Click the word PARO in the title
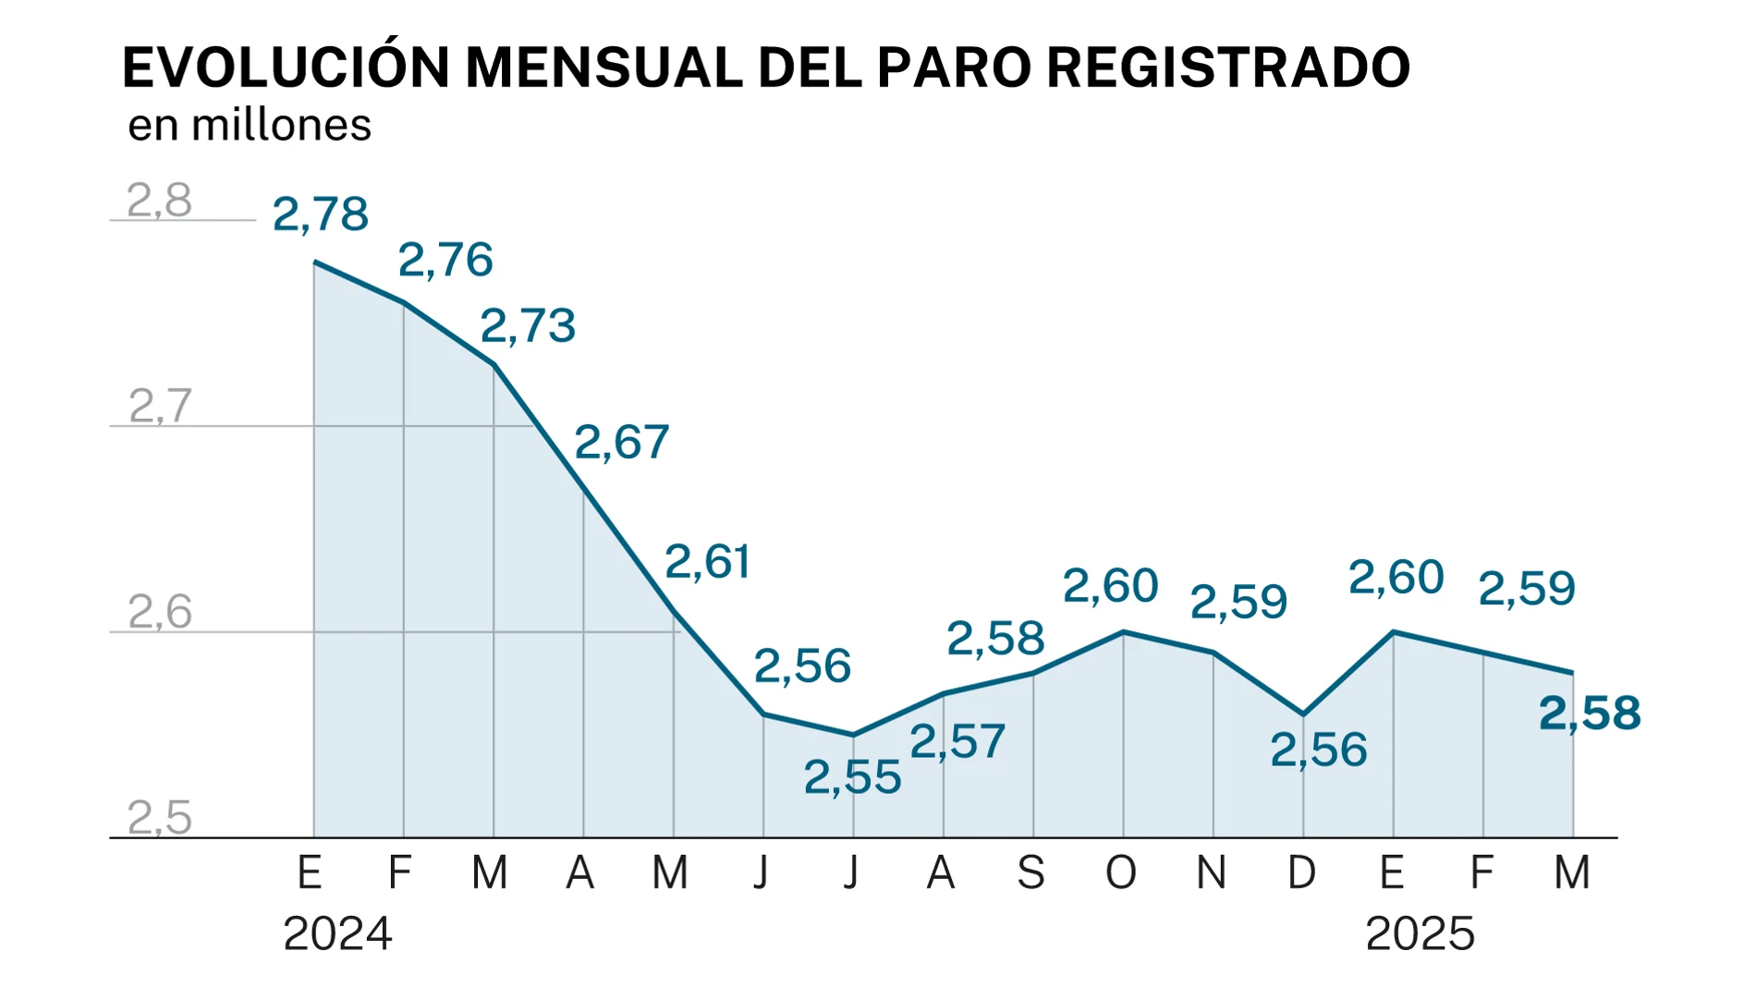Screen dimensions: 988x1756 point(953,67)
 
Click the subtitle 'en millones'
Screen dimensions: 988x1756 point(250,126)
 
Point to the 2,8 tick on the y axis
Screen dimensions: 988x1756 point(159,201)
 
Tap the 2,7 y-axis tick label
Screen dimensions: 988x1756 point(160,407)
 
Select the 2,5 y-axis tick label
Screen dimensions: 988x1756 point(159,819)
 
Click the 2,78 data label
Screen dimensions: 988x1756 point(321,215)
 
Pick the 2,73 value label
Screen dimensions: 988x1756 point(529,326)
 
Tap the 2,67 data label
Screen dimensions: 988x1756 point(622,443)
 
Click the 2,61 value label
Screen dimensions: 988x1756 point(708,562)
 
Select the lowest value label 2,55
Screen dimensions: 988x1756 point(852,778)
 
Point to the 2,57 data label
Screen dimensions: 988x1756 point(957,742)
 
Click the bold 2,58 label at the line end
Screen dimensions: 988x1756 point(1590,714)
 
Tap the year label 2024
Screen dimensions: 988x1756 point(337,934)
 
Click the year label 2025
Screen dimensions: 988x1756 point(1420,934)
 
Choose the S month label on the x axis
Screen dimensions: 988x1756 point(1031,872)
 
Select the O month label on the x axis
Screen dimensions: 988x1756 point(1121,872)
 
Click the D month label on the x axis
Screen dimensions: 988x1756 point(1302,872)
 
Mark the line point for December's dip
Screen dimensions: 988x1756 point(1303,714)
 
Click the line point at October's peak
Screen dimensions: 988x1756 point(1123,632)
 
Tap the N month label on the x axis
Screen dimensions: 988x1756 point(1212,872)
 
